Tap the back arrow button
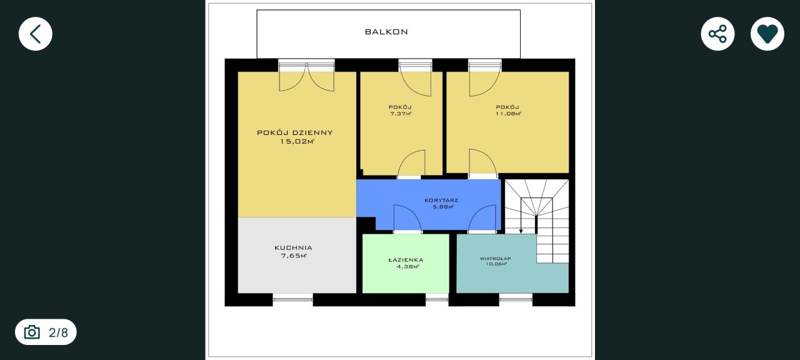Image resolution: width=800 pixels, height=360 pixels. point(36,34)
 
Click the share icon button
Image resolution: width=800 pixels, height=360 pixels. point(717,34)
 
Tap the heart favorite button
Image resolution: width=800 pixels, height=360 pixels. point(767,34)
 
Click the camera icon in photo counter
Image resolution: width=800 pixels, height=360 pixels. point(32,332)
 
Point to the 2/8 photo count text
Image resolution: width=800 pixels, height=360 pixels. point(58,332)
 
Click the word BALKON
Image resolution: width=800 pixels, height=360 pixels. point(386,32)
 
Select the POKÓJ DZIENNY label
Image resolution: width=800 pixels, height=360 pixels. point(294,132)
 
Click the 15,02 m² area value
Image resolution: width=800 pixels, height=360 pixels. point(297,141)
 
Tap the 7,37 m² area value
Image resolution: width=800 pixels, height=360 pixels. point(401,114)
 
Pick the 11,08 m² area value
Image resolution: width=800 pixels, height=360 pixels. point(508,114)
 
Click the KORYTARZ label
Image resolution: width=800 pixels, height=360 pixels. point(441,201)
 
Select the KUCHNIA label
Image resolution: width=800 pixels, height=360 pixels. point(293,247)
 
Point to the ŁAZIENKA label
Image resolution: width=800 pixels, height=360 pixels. point(406,260)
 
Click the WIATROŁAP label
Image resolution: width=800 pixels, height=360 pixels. point(496,258)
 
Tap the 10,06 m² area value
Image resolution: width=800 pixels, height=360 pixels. point(496,264)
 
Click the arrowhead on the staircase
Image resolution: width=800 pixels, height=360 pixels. point(521,231)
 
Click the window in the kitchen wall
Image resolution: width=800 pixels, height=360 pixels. point(293,300)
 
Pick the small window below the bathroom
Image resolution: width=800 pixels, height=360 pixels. point(437,300)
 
